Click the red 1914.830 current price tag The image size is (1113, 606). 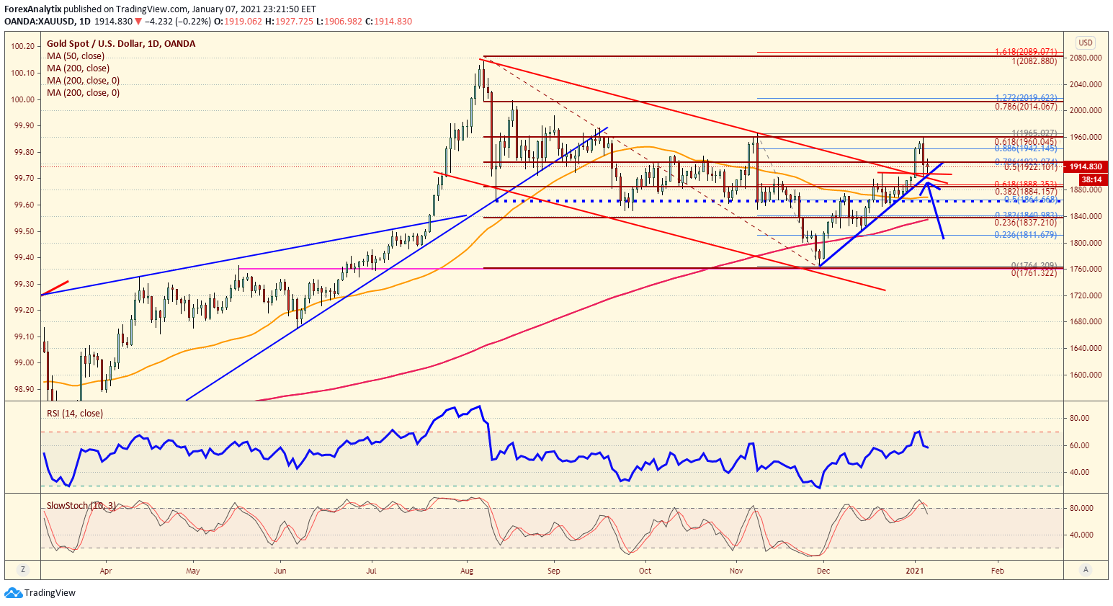1085,166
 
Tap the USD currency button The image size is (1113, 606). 1085,43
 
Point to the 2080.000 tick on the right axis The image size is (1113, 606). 1086,58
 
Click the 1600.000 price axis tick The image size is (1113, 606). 1086,375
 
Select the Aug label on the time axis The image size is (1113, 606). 467,571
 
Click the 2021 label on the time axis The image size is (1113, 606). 915,571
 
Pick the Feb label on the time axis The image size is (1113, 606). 998,571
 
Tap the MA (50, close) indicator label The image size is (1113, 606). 76,56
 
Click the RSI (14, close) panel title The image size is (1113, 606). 75,414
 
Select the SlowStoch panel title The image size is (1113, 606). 81,506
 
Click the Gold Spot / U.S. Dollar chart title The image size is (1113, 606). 121,44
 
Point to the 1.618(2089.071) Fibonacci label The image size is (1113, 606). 1026,52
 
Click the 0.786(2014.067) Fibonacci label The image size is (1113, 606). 1026,107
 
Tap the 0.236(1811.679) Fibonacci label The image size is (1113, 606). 1026,235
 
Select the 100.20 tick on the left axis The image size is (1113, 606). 23,46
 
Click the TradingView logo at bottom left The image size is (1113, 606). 40,593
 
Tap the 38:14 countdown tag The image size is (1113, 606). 1091,179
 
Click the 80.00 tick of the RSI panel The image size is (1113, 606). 1078,418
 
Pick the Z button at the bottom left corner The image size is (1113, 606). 23,570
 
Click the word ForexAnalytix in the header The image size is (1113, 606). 33,9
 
